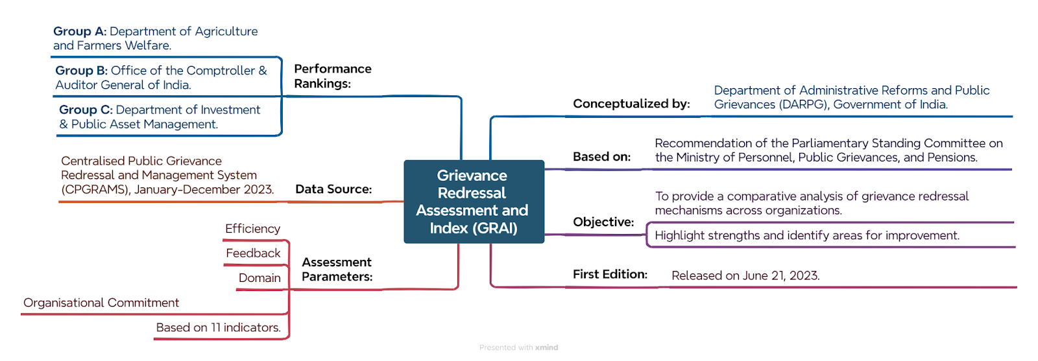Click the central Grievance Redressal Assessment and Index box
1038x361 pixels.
pos(474,202)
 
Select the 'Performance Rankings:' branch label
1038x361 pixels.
pos(333,76)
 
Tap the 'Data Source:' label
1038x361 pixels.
pos(333,189)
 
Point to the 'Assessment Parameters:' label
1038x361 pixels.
pos(337,270)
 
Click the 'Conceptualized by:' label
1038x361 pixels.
pos(632,104)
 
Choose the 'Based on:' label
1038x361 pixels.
pos(601,157)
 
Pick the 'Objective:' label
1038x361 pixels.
pos(603,222)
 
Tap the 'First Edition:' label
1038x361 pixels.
pos(610,274)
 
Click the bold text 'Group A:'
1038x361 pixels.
pos(80,32)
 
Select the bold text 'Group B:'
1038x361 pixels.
pos(82,71)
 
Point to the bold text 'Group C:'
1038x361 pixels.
pos(86,110)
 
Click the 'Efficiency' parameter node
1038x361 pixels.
pos(252,229)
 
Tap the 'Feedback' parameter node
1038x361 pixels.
pos(253,253)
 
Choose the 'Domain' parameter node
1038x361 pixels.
pos(259,277)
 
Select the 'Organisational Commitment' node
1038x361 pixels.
pos(101,303)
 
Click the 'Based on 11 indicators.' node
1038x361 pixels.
pos(218,328)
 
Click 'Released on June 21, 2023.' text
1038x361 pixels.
pos(745,276)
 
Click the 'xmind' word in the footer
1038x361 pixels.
pos(546,347)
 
